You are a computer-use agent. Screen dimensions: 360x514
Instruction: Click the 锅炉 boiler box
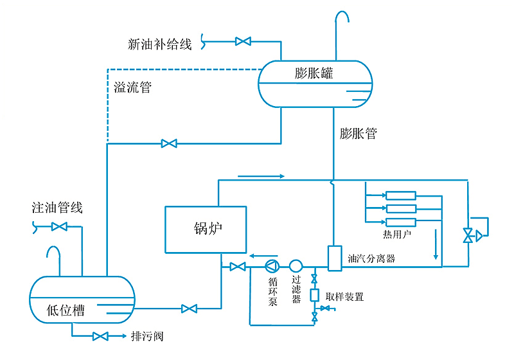click(206, 230)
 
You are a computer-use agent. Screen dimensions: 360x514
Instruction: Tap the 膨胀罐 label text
click(314, 73)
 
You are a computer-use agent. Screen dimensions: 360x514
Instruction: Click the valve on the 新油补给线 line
click(243, 42)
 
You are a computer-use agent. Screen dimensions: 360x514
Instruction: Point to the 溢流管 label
click(132, 87)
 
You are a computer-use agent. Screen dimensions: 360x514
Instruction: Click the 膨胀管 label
click(358, 134)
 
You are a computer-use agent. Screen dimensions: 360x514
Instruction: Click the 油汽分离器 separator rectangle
click(333, 258)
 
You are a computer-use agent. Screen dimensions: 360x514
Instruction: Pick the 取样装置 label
click(345, 297)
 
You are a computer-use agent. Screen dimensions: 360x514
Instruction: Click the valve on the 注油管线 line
click(59, 226)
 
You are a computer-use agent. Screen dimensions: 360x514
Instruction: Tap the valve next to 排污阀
click(100, 336)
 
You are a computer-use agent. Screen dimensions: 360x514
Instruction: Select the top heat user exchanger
click(400, 195)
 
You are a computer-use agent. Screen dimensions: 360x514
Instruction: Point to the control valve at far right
click(469, 236)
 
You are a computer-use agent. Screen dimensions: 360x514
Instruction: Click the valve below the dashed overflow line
click(169, 143)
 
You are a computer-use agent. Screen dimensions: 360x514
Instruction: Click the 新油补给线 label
click(160, 44)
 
